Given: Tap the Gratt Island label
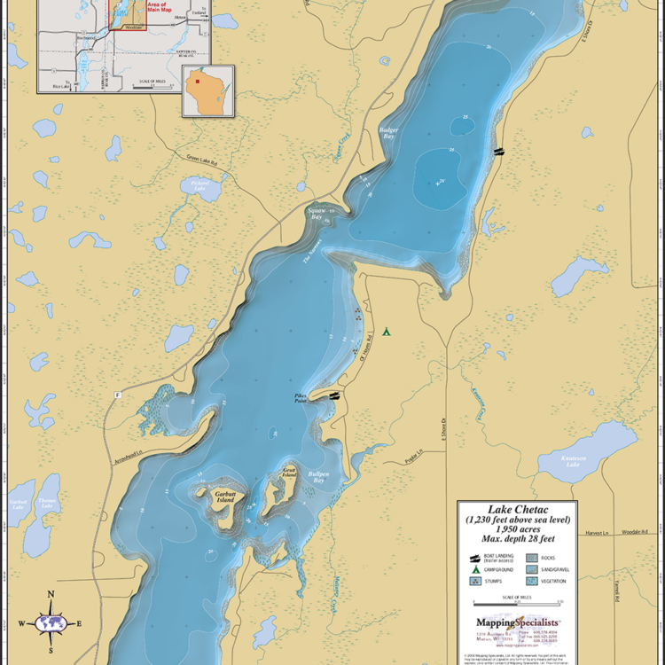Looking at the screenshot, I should (289, 473).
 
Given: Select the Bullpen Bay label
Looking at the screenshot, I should (318, 479).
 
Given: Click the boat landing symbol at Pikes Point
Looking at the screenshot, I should (333, 396).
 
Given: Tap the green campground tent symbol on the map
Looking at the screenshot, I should (387, 332).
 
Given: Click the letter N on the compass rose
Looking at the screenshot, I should (51, 595).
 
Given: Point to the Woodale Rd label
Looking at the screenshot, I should (633, 532).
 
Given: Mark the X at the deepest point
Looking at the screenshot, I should (440, 184).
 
